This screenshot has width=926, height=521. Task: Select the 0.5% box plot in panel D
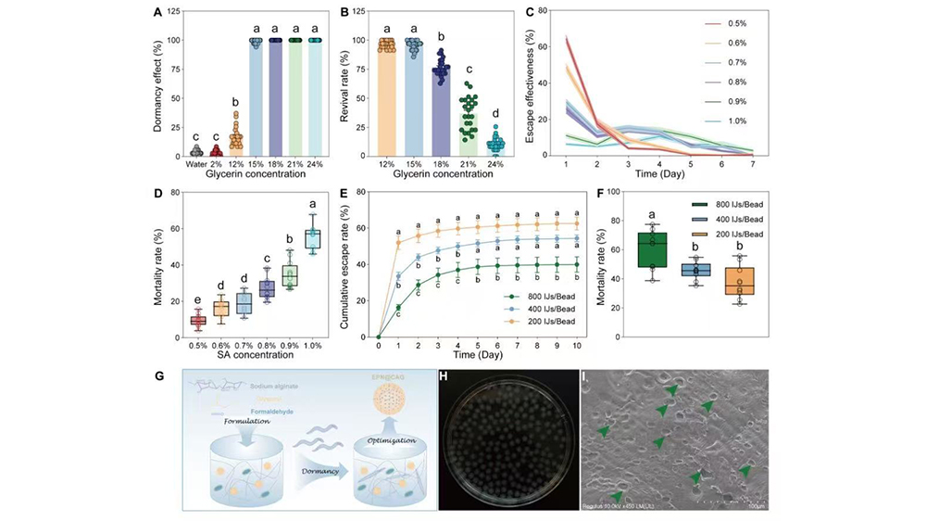click(x=196, y=320)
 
